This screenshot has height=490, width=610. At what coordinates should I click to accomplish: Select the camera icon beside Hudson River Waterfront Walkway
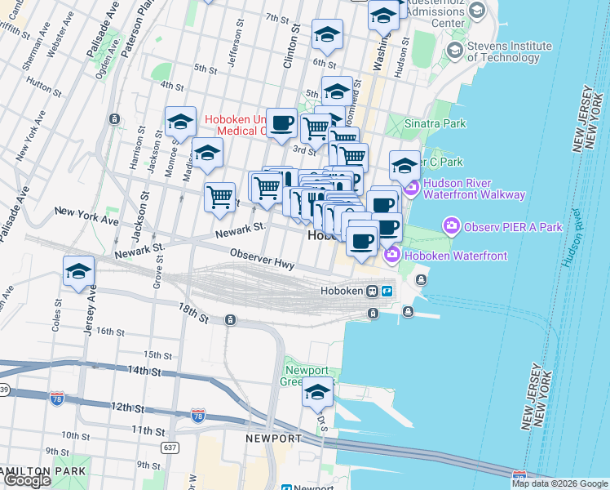click(x=411, y=189)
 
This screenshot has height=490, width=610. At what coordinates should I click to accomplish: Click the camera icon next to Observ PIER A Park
click(x=449, y=225)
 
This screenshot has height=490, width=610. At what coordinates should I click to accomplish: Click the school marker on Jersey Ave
click(x=78, y=272)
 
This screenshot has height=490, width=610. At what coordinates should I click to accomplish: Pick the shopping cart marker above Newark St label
click(x=219, y=196)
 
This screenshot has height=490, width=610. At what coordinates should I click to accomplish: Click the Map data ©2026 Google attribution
click(x=559, y=483)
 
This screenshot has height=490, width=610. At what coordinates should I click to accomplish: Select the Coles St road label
click(x=56, y=318)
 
